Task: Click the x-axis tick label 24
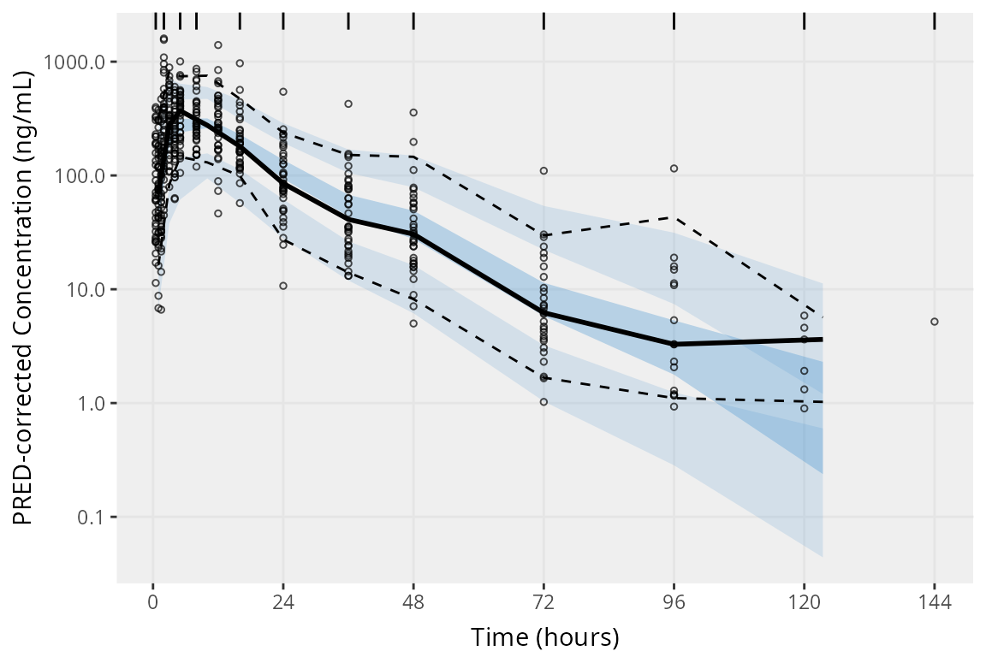coord(283,601)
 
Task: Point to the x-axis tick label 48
coord(413,601)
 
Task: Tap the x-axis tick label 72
coord(543,601)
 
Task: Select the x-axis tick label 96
coord(674,601)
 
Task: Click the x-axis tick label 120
coord(804,601)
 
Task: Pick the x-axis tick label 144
coord(934,601)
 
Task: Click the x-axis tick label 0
coord(153,601)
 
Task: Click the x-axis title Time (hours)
coord(544,637)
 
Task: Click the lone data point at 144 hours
coord(934,322)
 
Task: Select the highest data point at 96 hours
coord(674,169)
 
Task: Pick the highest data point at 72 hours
coord(543,171)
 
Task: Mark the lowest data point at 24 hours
coord(283,286)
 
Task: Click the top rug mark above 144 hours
coord(934,21)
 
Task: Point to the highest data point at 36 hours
coord(348,104)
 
